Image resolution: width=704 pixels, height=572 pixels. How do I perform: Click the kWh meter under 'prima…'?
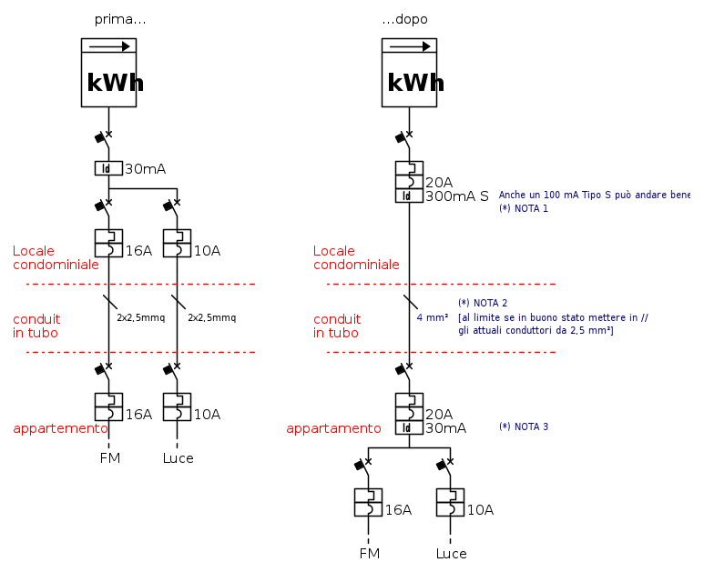tap(108, 73)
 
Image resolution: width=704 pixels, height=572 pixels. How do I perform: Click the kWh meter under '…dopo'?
tap(409, 73)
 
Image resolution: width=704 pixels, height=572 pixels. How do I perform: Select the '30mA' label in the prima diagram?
tap(145, 169)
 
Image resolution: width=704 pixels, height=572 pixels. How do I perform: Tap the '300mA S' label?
tap(457, 196)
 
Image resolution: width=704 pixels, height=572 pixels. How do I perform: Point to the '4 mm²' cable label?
tap(433, 317)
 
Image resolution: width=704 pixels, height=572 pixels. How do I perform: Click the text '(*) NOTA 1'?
tap(524, 208)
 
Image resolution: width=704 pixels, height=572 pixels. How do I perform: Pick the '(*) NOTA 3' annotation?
tap(524, 426)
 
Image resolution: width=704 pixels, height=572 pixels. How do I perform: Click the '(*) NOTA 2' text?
tap(483, 303)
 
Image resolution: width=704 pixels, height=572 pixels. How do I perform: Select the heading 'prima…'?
tap(120, 19)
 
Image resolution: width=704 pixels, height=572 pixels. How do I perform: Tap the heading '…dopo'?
tap(404, 19)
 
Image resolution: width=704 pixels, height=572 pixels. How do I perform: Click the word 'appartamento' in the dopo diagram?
tap(334, 428)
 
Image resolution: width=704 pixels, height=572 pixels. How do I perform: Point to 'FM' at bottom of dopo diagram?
tap(370, 554)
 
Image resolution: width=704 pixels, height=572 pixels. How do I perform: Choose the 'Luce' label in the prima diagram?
tap(179, 458)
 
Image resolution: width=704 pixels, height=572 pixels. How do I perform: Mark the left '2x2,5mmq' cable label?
tap(140, 318)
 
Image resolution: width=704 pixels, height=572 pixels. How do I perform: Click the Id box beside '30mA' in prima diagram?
tap(107, 168)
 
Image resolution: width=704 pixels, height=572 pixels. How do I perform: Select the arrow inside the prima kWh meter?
tap(109, 46)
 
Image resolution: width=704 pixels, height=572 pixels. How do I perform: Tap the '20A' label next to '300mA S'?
tap(439, 183)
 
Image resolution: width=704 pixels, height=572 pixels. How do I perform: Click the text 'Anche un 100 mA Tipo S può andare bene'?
tap(595, 195)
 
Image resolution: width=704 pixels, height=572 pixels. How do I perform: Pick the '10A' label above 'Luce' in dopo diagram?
tap(480, 510)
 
